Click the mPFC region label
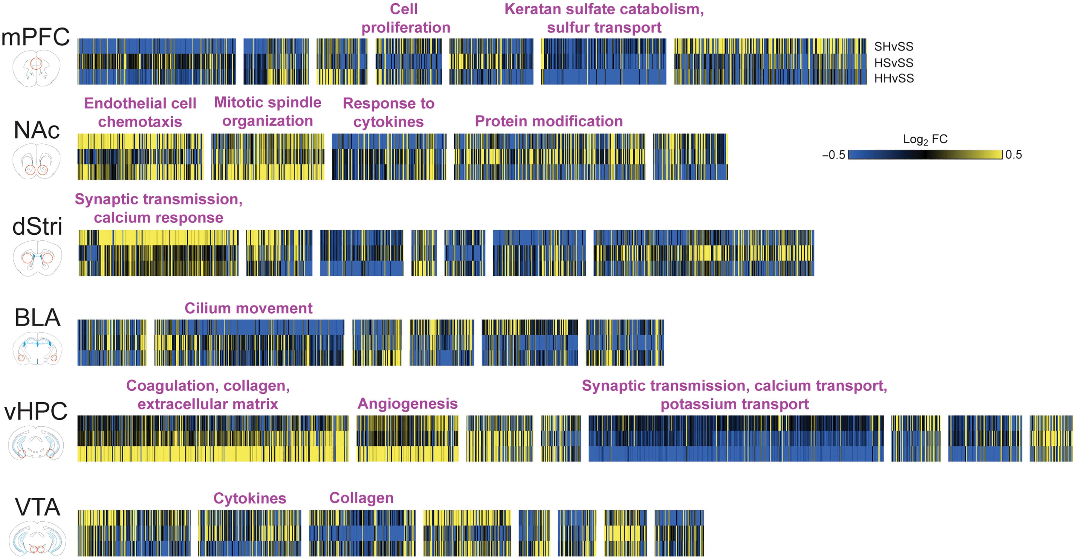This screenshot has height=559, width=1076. [x=36, y=37]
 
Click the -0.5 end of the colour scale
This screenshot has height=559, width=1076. [x=833, y=155]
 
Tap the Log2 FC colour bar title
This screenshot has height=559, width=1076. [x=925, y=139]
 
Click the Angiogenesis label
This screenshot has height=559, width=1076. [x=407, y=404]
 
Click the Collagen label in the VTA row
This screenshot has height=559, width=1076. [x=361, y=498]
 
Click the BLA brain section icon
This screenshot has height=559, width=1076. [x=37, y=349]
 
